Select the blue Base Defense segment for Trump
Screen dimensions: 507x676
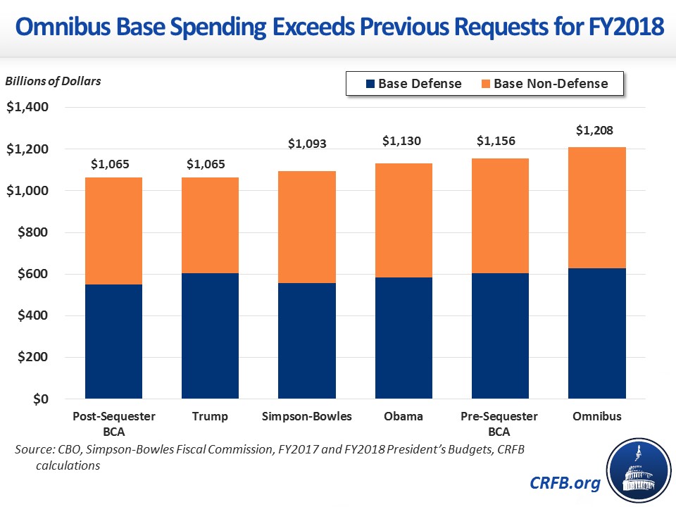[210, 336]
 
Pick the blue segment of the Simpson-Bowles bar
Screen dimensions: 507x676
[306, 341]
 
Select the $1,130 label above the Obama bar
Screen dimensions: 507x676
[402, 141]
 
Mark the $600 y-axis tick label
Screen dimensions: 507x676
[32, 274]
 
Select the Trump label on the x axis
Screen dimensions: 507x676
[210, 416]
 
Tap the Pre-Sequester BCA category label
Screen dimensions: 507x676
[499, 423]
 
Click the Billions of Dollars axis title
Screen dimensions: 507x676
[54, 80]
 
